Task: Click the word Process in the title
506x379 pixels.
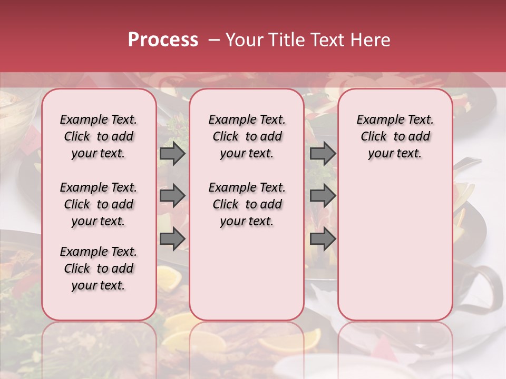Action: click(163, 40)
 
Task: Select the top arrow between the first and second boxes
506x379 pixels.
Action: click(172, 153)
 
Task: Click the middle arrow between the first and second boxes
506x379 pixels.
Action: click(172, 196)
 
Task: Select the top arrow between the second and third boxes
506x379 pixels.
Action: click(323, 153)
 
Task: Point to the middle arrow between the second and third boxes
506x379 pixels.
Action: click(323, 196)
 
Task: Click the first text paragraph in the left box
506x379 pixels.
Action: click(99, 136)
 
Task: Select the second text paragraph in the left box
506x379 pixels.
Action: click(99, 204)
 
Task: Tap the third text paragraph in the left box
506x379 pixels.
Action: click(99, 268)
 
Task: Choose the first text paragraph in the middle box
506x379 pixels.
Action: click(247, 136)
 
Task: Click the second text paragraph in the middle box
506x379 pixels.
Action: click(247, 204)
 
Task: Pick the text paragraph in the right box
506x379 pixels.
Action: click(395, 136)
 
